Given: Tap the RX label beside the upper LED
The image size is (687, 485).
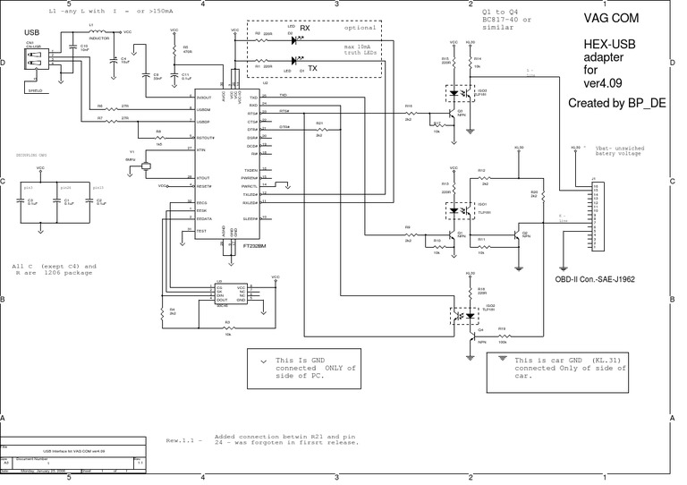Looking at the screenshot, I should tap(304, 28).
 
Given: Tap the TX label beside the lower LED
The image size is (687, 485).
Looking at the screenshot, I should tap(311, 67).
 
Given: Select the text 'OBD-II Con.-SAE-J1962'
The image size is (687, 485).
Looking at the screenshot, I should tap(595, 279).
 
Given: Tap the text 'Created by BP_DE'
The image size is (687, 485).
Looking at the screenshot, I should tap(615, 104).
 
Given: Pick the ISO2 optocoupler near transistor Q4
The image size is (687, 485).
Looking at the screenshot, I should tap(468, 314).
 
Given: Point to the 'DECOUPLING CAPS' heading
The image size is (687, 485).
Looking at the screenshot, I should tap(32, 155).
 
